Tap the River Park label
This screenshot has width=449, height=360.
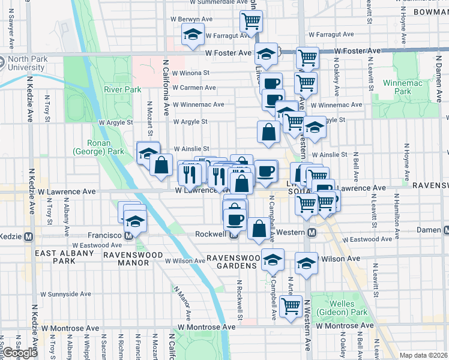(x=122, y=89)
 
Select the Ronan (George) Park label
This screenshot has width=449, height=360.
(x=98, y=147)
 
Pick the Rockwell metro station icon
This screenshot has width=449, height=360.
(x=234, y=235)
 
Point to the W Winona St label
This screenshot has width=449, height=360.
(x=190, y=73)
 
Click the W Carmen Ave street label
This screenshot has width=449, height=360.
(x=193, y=88)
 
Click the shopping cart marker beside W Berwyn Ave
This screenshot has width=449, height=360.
(x=252, y=22)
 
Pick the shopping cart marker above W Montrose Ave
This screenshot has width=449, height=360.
(x=291, y=307)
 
